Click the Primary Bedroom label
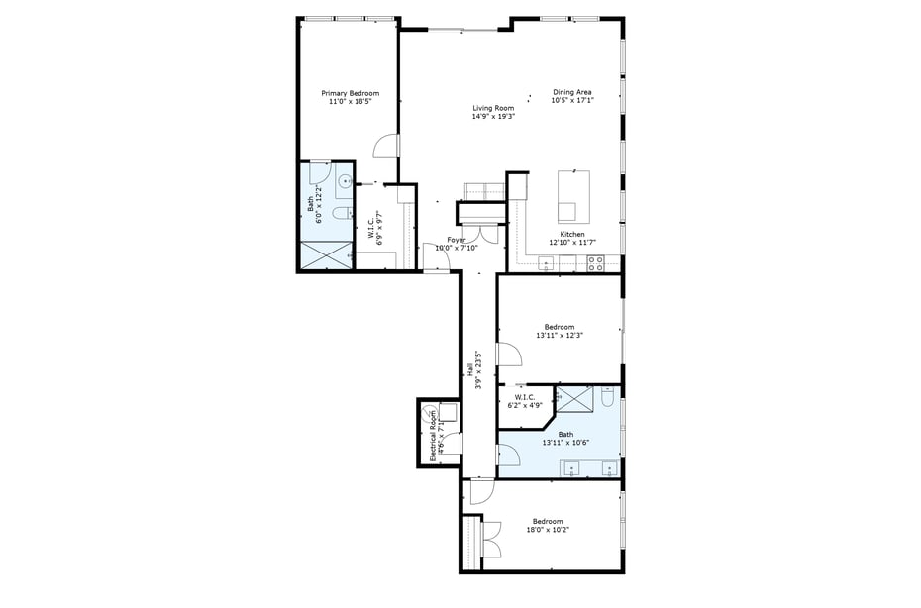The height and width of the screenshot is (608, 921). coord(350,93)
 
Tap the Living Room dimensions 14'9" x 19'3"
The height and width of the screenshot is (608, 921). coord(493,116)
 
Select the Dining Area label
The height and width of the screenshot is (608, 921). coord(572,92)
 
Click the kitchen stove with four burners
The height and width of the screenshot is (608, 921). coord(596,263)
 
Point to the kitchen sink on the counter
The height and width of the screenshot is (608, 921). coord(547,264)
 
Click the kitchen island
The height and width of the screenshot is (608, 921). coord(573,196)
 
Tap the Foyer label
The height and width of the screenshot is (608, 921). coord(456,240)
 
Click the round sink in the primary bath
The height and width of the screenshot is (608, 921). coord(345,180)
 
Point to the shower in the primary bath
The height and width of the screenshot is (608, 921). coord(327,253)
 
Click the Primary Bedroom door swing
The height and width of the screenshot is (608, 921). coord(385,147)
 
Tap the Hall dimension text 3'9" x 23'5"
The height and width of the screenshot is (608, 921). coord(478,370)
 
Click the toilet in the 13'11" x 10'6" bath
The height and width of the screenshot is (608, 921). coord(607,397)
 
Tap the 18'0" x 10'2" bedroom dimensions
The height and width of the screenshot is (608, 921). coord(548,530)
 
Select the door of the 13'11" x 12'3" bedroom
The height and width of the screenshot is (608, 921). coord(507,355)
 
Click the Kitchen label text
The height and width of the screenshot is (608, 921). coord(572,235)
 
